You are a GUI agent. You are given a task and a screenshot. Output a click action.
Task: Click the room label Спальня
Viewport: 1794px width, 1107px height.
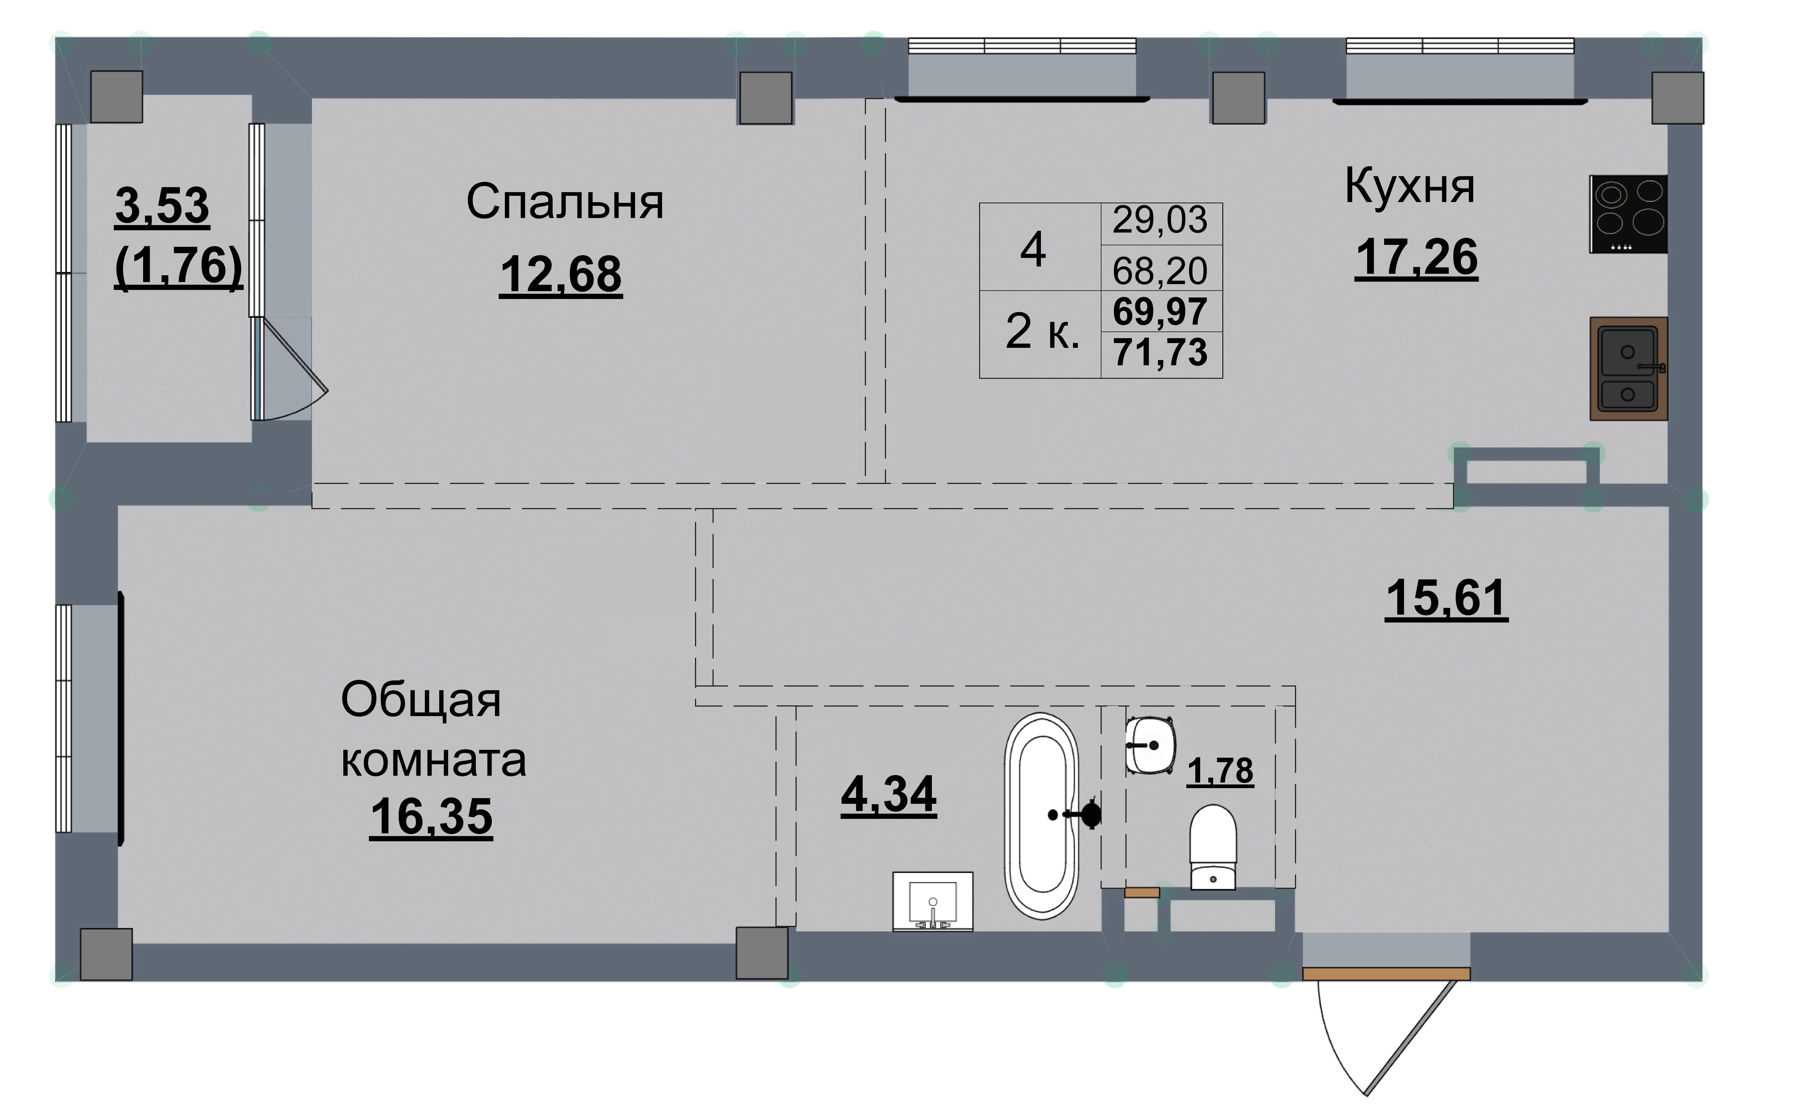coord(565,202)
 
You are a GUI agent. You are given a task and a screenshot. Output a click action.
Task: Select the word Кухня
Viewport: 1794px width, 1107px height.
coord(1410,187)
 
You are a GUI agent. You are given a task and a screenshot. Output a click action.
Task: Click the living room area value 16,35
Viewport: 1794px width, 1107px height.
coord(431,816)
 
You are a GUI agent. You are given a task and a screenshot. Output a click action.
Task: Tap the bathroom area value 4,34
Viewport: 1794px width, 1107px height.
coord(888,794)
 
